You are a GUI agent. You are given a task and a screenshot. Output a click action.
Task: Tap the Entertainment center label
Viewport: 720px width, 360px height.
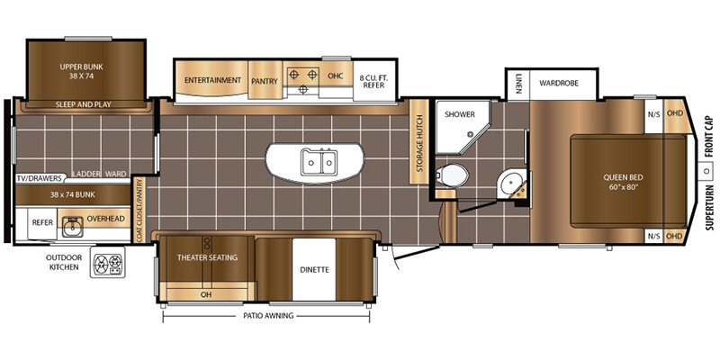(212, 80)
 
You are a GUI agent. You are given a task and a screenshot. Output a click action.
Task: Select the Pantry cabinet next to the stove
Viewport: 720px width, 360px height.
(265, 81)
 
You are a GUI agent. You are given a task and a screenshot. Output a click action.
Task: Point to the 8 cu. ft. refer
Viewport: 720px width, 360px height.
(374, 81)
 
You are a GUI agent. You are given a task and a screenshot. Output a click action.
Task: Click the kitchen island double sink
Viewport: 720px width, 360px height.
(319, 163)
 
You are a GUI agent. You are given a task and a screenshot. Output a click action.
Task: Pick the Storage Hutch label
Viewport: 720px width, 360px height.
(419, 143)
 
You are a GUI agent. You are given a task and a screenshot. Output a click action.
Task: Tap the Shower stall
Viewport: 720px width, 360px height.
(463, 128)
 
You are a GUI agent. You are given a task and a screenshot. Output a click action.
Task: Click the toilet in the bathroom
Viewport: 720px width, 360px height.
(453, 175)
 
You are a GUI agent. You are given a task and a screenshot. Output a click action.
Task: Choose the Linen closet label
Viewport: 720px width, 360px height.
(518, 84)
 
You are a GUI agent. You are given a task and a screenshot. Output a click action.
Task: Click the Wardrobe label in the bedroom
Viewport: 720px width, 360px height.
(559, 83)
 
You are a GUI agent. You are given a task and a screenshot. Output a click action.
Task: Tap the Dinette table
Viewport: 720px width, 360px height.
(314, 269)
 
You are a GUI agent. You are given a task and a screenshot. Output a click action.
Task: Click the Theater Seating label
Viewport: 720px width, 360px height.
(208, 257)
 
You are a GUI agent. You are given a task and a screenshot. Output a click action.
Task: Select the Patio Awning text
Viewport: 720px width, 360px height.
(265, 316)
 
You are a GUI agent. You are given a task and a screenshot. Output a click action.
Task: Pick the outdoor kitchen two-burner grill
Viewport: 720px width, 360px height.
(107, 262)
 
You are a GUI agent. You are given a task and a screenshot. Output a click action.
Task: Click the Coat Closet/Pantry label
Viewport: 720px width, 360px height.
(139, 210)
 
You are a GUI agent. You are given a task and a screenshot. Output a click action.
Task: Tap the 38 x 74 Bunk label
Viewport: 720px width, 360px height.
(73, 194)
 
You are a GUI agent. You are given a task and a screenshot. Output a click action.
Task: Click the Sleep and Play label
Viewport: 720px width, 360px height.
(84, 104)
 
